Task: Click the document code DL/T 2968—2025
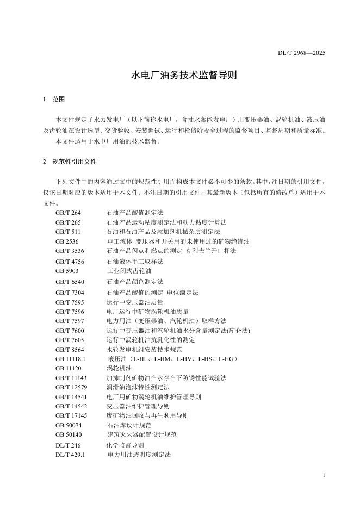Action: click(301, 53)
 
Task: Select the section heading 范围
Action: click(58, 100)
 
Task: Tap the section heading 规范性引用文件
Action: click(75, 162)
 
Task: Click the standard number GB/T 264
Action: click(68, 213)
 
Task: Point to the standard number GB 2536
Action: click(67, 241)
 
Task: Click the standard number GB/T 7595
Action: click(70, 302)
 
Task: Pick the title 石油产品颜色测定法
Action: click(135, 282)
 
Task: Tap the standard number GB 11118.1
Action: click(71, 359)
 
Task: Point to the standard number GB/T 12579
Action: click(71, 387)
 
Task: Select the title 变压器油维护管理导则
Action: click(138, 406)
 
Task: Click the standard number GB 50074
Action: click(69, 425)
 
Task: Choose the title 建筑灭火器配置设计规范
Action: click(142, 434)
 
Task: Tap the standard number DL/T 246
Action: click(68, 445)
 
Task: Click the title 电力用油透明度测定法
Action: click(139, 454)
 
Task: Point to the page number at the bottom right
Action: click(324, 475)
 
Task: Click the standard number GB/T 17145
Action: click(71, 415)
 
